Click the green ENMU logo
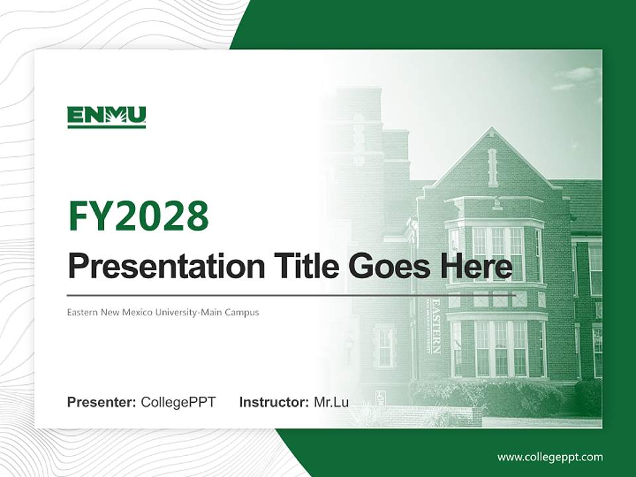pyautogui.click(x=107, y=117)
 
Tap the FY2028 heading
pyautogui.click(x=138, y=215)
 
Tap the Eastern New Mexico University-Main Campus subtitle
pyautogui.click(x=163, y=312)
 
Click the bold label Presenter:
pyautogui.click(x=102, y=402)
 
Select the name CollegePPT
pyautogui.click(x=178, y=402)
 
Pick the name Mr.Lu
pyautogui.click(x=331, y=402)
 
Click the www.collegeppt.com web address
pyautogui.click(x=550, y=457)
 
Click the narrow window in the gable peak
pyautogui.click(x=492, y=167)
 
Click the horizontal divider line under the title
pyautogui.click(x=291, y=295)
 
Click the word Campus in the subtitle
pyautogui.click(x=242, y=312)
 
